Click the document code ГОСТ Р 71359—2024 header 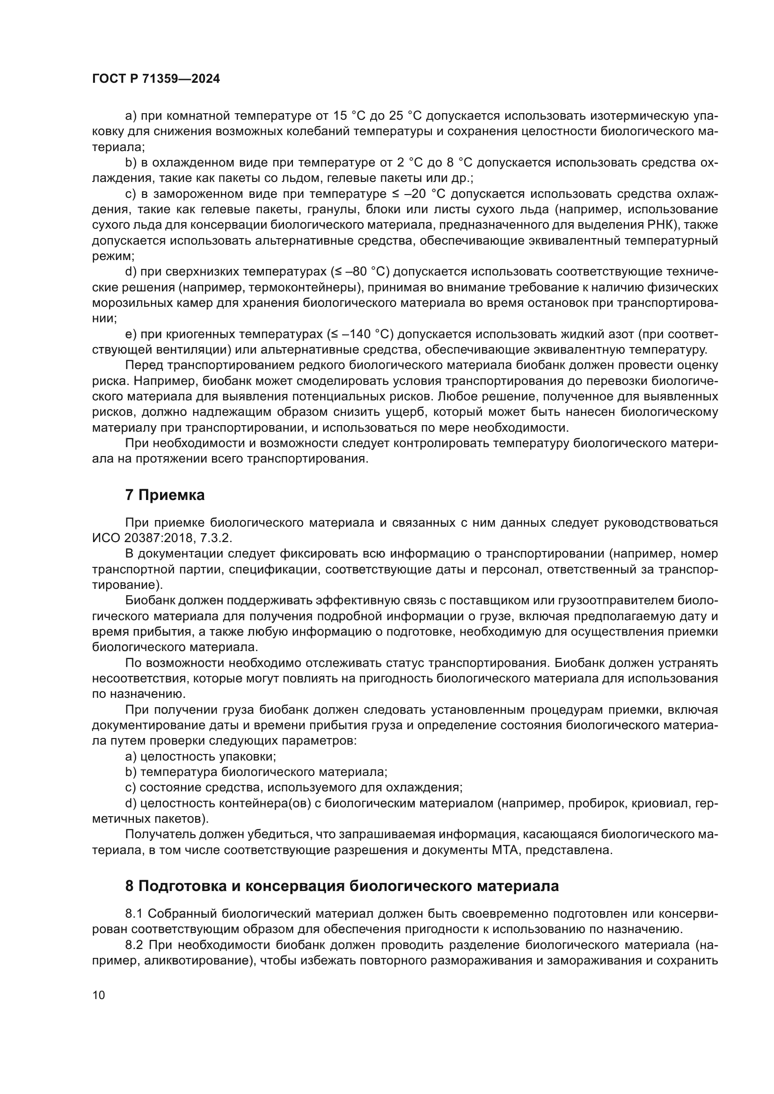pyautogui.click(x=156, y=79)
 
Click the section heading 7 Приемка pyautogui.click(x=165, y=495)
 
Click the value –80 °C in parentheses pyautogui.click(x=365, y=272)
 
